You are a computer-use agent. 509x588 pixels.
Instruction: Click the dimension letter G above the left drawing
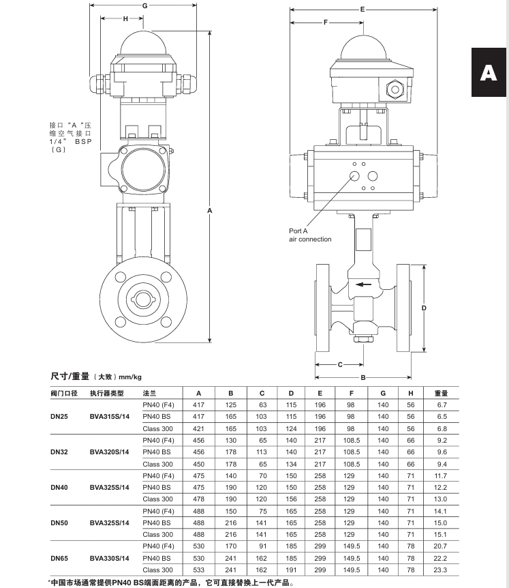click(145, 5)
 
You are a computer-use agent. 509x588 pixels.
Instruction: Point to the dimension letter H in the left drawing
click(125, 18)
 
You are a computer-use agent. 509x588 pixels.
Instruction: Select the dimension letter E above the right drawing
click(363, 10)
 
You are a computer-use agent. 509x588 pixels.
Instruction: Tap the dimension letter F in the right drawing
click(326, 23)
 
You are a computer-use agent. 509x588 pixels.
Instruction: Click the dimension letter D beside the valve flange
click(424, 308)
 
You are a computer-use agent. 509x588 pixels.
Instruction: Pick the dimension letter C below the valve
click(340, 364)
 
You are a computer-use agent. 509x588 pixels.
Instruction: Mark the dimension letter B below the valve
click(363, 378)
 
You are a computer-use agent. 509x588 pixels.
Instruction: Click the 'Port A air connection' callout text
click(310, 235)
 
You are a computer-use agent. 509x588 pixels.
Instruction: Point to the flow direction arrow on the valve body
click(363, 284)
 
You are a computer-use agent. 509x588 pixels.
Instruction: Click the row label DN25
click(59, 417)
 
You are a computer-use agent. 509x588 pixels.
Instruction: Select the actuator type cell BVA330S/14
click(110, 559)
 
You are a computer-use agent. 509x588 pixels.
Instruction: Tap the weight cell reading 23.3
click(440, 570)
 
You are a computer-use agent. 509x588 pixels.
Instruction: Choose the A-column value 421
click(198, 428)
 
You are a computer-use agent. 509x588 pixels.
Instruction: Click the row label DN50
click(59, 523)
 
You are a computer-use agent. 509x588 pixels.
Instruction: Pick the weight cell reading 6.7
click(442, 405)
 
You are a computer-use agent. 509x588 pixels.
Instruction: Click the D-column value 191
click(291, 570)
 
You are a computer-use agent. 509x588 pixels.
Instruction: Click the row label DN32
click(59, 452)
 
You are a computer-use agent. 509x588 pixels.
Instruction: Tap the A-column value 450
click(198, 465)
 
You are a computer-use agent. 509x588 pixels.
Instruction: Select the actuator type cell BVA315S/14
click(110, 417)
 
